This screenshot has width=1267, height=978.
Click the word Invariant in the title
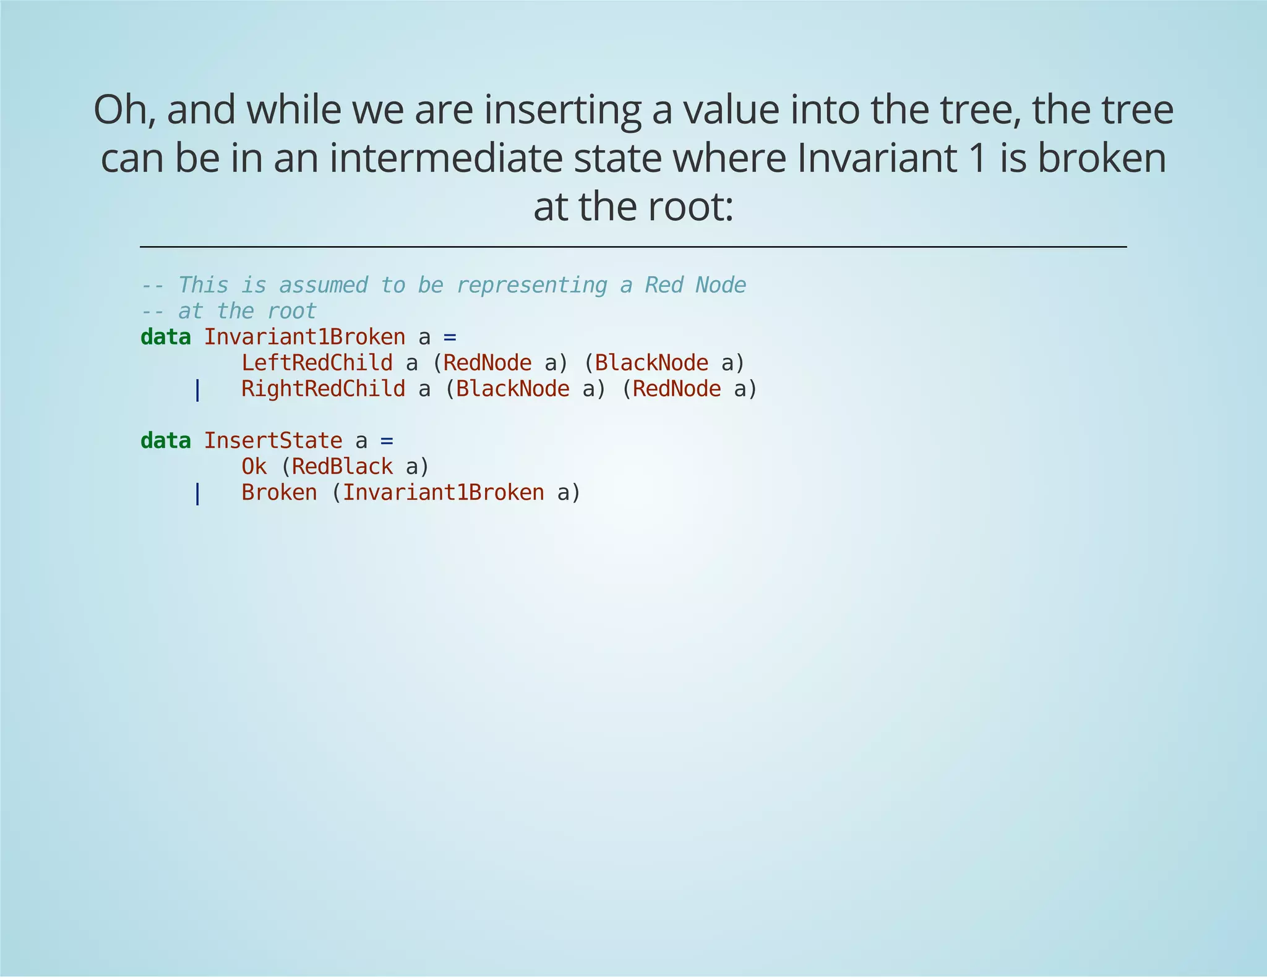[874, 158]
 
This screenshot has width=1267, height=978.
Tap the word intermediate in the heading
[446, 158]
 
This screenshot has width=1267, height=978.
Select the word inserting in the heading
[561, 109]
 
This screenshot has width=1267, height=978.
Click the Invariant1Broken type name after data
[304, 338]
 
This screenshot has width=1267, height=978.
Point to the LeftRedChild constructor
[317, 363]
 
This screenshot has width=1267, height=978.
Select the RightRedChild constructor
[323, 389]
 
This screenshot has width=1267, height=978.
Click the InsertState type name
[273, 441]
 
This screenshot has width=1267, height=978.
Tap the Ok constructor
[254, 467]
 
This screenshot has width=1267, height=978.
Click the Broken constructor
[279, 493]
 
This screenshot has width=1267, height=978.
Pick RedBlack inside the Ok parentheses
[342, 467]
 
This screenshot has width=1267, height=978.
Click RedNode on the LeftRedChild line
[487, 363]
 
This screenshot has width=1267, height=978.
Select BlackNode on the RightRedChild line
[513, 389]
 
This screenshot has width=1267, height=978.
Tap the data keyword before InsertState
[165, 441]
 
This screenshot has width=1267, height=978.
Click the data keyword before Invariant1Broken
[165, 338]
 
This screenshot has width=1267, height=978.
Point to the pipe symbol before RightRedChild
[197, 389]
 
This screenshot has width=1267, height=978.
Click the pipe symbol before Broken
[197, 493]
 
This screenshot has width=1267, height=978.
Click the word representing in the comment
[531, 286]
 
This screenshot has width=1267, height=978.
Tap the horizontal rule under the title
[633, 247]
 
